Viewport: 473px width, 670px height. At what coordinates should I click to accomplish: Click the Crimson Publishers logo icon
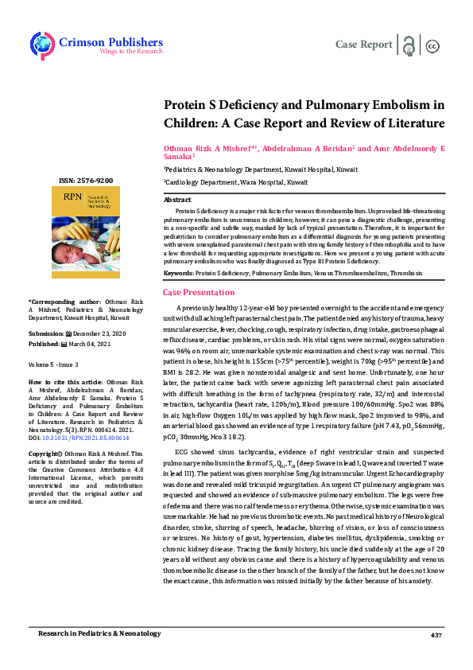[x=41, y=43]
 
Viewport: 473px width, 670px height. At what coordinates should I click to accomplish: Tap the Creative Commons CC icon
[x=433, y=45]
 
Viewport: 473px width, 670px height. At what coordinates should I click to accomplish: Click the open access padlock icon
[x=409, y=45]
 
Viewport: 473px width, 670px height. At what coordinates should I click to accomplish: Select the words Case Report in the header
[x=364, y=45]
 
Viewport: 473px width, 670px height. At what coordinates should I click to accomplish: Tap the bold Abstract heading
[x=177, y=200]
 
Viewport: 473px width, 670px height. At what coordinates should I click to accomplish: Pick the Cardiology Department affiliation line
[x=235, y=182]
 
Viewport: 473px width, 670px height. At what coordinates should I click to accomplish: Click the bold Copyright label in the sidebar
[x=45, y=453]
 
